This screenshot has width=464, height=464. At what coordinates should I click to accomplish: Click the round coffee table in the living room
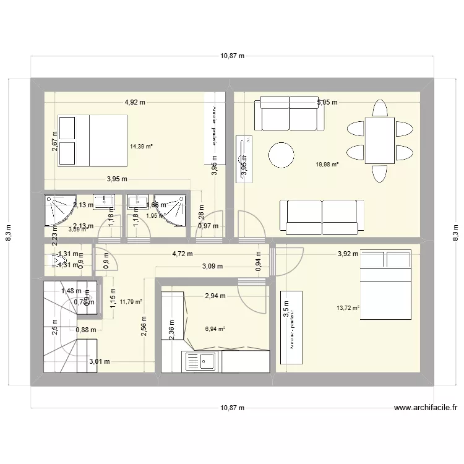click(281, 154)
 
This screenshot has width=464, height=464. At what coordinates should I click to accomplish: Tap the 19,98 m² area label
click(327, 165)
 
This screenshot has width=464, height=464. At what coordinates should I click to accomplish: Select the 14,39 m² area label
click(141, 147)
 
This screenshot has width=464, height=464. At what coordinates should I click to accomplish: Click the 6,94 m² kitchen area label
click(214, 329)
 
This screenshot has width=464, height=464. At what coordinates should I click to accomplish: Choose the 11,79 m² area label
click(131, 302)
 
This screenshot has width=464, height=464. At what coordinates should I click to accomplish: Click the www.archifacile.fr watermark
click(425, 408)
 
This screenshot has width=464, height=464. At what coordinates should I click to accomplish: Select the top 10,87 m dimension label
click(232, 56)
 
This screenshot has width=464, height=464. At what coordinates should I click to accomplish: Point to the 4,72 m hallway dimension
click(182, 254)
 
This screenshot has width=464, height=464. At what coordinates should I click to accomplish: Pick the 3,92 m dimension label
click(348, 254)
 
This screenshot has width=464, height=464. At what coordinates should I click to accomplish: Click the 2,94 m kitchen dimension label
click(215, 296)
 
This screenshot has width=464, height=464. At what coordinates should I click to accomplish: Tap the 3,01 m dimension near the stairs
click(99, 363)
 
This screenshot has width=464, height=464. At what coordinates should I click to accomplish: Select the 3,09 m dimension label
click(213, 266)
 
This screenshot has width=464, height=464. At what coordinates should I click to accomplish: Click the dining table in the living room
click(379, 140)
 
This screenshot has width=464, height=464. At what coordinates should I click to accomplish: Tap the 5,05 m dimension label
click(327, 103)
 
